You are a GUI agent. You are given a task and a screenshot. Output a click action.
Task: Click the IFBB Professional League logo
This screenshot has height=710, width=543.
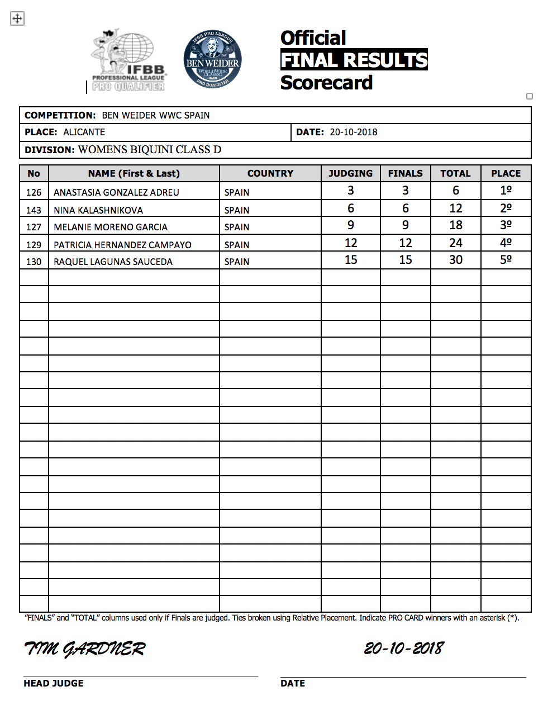128,60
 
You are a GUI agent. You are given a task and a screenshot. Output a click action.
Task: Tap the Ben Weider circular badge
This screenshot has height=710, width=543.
212,59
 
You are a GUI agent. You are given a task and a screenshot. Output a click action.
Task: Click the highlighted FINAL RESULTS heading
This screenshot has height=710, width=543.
354,60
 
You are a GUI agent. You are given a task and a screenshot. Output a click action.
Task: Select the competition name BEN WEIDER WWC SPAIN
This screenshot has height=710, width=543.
156,115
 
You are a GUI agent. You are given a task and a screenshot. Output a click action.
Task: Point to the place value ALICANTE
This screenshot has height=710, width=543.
84,132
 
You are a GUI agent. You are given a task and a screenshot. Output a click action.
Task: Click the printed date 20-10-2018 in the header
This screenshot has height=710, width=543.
353,132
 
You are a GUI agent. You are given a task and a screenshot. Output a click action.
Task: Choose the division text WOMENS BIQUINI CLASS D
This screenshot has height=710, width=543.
150,149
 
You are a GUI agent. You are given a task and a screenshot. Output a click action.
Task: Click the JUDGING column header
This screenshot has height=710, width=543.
350,173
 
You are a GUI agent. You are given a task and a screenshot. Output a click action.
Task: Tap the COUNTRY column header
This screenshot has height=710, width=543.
270,173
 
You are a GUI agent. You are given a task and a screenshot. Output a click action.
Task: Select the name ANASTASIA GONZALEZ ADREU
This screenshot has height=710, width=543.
116,192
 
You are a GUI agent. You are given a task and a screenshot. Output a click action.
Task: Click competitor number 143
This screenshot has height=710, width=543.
34,210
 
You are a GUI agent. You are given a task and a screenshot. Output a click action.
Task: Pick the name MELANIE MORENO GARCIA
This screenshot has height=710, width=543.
111,227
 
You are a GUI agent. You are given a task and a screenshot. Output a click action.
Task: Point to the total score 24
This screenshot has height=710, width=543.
455,243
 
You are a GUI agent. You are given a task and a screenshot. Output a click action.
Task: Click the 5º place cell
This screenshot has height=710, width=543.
506,260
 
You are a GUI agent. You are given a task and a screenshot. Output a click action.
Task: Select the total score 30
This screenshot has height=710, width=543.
455,260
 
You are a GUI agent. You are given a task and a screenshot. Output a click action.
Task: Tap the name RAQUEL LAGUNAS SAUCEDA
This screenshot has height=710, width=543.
113,262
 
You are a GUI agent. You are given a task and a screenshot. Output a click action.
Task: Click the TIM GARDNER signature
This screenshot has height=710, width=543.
84,649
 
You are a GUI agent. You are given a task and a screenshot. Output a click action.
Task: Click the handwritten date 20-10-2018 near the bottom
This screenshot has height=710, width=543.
403,648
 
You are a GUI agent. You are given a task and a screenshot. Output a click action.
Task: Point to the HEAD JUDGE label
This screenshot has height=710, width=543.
53,683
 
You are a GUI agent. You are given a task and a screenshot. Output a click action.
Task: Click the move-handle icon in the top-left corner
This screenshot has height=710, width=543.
17,18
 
